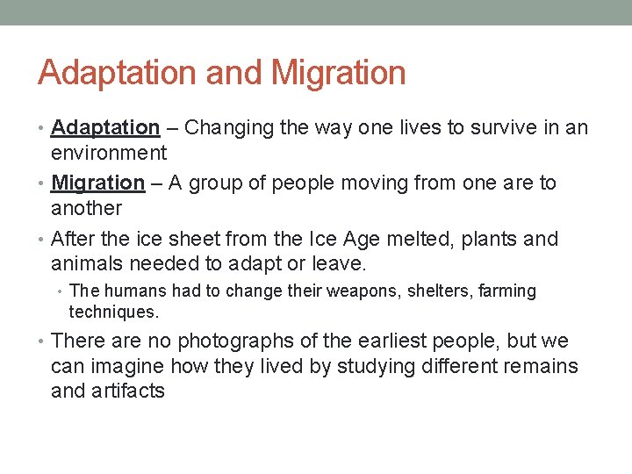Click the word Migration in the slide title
click(339, 73)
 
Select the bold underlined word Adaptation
click(105, 128)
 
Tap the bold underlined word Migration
click(97, 183)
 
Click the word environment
click(109, 153)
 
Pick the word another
click(86, 208)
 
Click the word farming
click(505, 291)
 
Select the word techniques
click(114, 312)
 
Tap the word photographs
click(242, 341)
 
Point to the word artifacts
click(127, 391)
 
